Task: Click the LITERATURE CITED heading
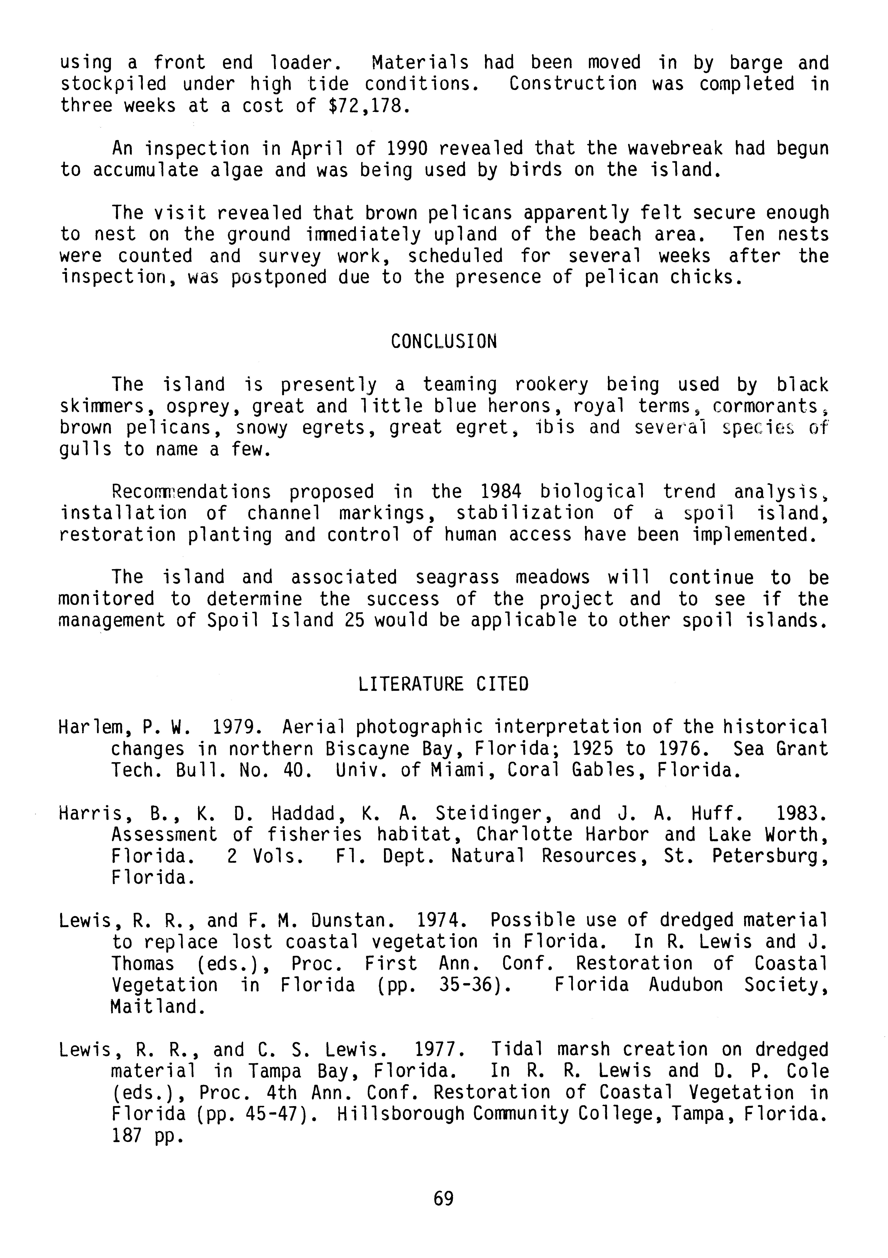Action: click(443, 684)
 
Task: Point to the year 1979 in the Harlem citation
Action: click(232, 728)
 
